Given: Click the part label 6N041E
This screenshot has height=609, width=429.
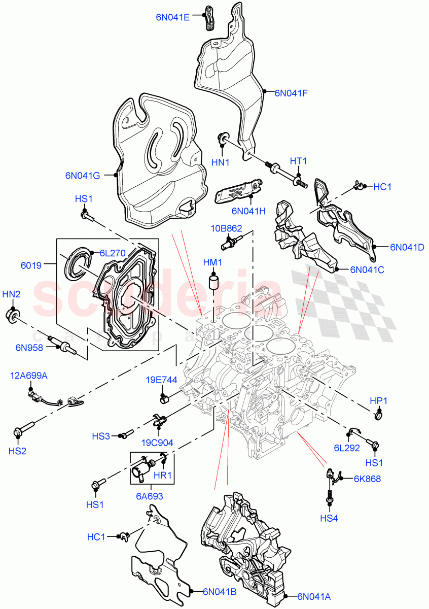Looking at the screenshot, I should (172, 17).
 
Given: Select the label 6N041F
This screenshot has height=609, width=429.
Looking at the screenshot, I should (291, 93).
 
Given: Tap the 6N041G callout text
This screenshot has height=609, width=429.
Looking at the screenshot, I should (82, 176).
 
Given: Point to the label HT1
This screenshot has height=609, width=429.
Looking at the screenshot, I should (298, 161).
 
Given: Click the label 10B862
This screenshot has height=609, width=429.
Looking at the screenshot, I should (226, 228).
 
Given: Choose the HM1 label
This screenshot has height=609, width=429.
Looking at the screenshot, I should (212, 262).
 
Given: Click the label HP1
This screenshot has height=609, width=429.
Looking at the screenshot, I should (378, 400).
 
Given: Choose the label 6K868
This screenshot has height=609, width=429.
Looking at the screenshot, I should (367, 478).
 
